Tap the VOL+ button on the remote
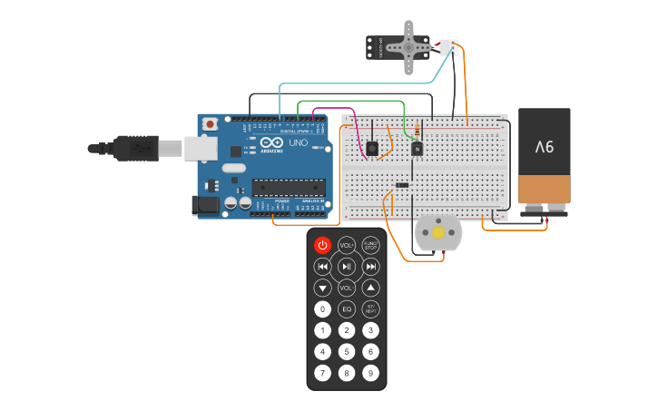pos(347,245)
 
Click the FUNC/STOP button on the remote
pos(370,245)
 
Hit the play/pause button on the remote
pos(347,267)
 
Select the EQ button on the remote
pos(347,309)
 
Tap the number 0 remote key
pos(322,309)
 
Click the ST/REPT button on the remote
pos(370,309)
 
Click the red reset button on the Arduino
pos(211,123)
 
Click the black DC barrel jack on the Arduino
pos(207,205)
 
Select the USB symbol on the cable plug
pos(141,147)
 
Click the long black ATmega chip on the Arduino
pos(289,188)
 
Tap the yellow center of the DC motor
pos(438,233)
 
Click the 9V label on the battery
pos(544,146)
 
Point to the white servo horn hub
pos(408,46)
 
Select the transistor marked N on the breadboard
pos(417,148)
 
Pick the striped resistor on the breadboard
pos(417,131)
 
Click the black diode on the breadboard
pos(402,185)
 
